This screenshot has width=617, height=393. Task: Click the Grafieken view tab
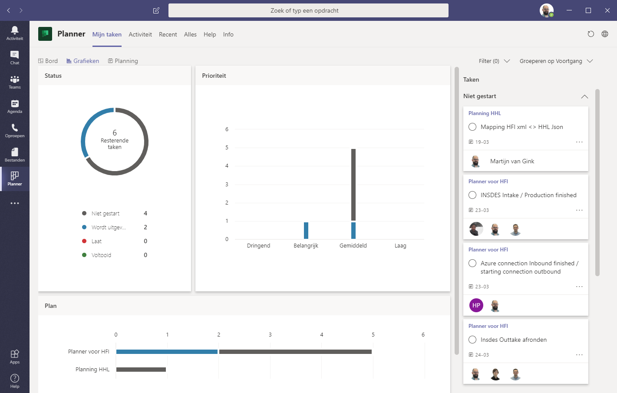click(x=82, y=61)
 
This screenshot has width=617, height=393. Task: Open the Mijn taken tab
click(x=107, y=34)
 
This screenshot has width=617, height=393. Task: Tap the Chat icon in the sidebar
click(x=15, y=57)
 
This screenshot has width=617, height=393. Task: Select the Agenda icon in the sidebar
click(x=15, y=106)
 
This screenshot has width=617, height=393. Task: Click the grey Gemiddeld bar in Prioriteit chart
click(x=353, y=185)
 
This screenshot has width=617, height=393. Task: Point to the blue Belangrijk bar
click(x=306, y=231)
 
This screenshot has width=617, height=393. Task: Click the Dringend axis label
click(x=258, y=246)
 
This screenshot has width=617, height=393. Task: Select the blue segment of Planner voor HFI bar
click(x=167, y=352)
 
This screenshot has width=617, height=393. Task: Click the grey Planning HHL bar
click(x=141, y=370)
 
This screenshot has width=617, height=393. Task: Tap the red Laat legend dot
click(x=84, y=241)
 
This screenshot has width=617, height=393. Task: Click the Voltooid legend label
click(x=101, y=255)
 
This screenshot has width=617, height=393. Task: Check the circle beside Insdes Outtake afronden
click(x=472, y=340)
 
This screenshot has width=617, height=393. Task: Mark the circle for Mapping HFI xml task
click(x=472, y=127)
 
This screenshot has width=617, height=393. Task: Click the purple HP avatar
click(x=476, y=305)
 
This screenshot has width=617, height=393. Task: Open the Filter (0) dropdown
click(x=494, y=61)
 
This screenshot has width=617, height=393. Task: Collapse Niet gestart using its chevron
click(x=584, y=96)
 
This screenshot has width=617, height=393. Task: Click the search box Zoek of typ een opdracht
click(x=308, y=10)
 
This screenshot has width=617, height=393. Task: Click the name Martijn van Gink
click(x=512, y=161)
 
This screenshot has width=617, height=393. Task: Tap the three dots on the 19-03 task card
click(x=579, y=142)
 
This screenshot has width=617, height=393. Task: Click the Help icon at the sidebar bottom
click(x=15, y=380)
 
